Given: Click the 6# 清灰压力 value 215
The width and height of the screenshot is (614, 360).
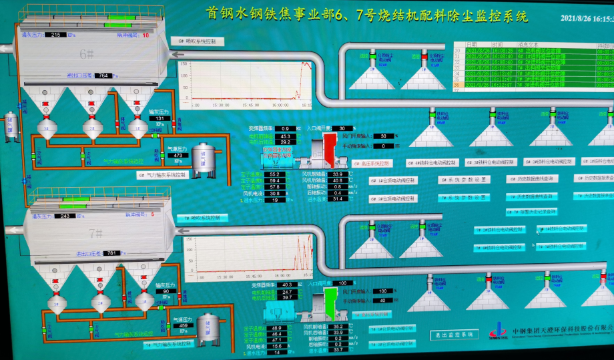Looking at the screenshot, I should tap(56, 35).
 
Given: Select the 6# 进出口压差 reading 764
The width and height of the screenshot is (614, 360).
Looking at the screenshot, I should tap(103, 76).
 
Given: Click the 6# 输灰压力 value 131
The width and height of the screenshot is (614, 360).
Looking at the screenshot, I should tap(160, 119).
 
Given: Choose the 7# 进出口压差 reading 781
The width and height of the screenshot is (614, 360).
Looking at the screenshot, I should tap(113, 253).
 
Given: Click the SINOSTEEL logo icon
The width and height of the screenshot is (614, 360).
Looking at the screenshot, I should tap(497, 330).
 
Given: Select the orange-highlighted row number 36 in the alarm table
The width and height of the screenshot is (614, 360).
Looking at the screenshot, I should tap(457, 85).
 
